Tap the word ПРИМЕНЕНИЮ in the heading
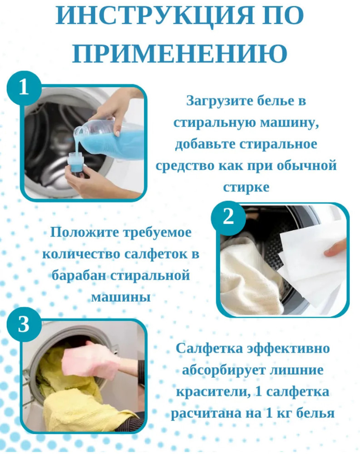click(180, 53)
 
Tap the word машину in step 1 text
click(289, 123)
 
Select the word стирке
click(246, 188)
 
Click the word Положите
click(84, 232)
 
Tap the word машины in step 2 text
click(121, 297)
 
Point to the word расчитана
click(207, 414)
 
